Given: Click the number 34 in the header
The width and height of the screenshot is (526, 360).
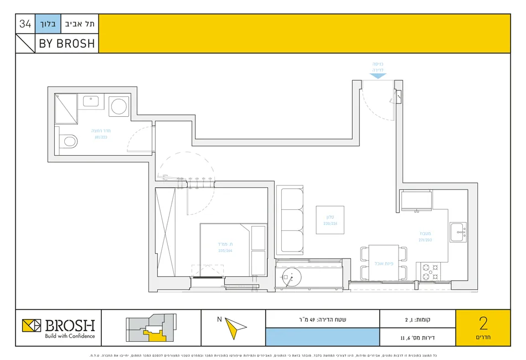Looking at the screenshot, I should pos(25,24).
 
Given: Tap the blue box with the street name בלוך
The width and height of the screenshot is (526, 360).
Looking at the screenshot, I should pos(47,24).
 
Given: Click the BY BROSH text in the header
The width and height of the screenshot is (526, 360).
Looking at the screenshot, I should pos(67,43).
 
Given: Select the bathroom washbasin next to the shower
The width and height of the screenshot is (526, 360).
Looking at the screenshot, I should pos(91,101).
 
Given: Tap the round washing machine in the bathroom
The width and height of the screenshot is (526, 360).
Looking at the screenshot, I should pos(118,106).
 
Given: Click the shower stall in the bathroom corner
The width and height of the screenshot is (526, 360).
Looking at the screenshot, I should pos(66,109).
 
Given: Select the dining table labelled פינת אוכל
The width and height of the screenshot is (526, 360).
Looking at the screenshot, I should pos(384,263).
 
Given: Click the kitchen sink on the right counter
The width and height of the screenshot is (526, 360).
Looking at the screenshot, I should pos(457,232).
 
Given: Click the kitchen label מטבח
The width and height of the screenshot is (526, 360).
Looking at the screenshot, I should pos(425,236).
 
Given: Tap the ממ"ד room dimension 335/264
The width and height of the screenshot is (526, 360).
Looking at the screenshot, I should pos(225,250).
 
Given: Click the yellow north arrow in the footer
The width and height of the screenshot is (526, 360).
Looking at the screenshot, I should pos(235,328).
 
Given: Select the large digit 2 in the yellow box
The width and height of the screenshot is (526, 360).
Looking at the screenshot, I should pos(483,324).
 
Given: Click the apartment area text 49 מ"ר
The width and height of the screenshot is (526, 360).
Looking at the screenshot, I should pos(323,319).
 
